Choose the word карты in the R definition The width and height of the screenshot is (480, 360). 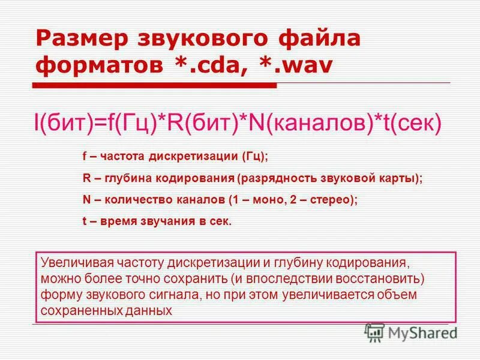coord(404,178)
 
